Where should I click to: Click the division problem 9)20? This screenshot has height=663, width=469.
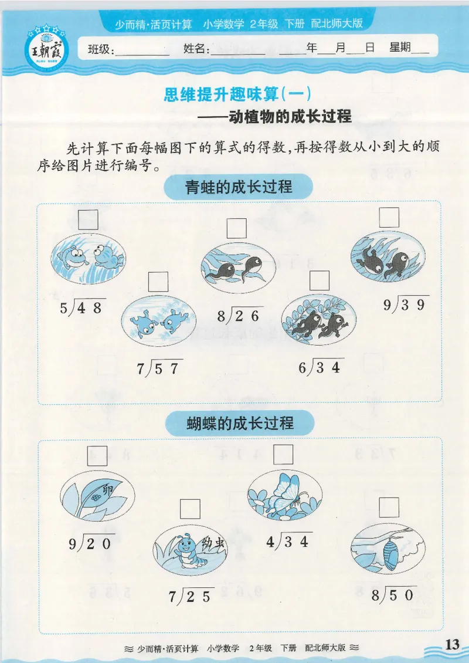(x=90, y=543)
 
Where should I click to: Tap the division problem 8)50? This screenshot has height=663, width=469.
(x=393, y=594)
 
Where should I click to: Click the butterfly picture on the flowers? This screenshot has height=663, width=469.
(x=284, y=495)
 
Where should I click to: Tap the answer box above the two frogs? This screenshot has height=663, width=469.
(x=88, y=219)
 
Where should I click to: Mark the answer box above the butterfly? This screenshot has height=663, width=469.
(x=283, y=455)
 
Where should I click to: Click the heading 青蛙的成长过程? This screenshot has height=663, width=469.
(x=238, y=188)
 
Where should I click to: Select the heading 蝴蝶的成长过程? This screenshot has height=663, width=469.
(x=239, y=422)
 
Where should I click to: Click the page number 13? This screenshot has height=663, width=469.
(x=451, y=644)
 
